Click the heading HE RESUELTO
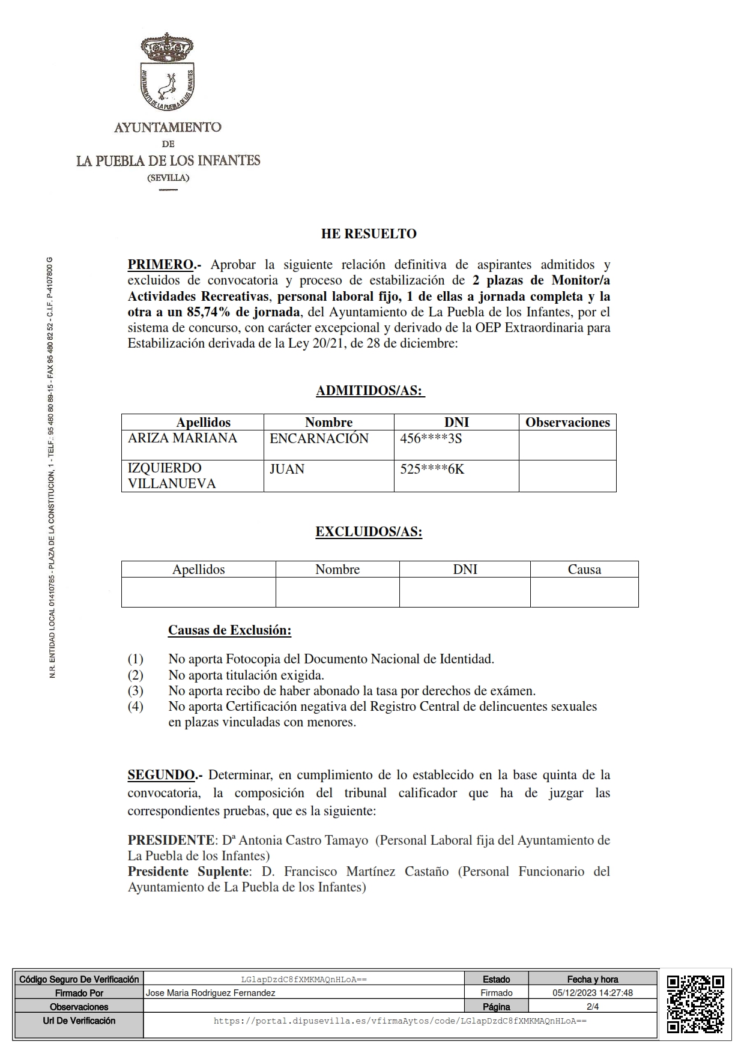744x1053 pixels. pyautogui.click(x=369, y=234)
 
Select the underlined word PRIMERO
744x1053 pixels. pyautogui.click(x=160, y=265)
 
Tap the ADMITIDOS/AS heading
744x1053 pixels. pyautogui.click(x=370, y=391)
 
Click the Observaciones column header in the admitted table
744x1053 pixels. pyautogui.click(x=567, y=422)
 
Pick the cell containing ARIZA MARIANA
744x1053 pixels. pyautogui.click(x=183, y=438)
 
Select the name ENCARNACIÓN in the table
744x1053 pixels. pyautogui.click(x=319, y=438)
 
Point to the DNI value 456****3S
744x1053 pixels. pyautogui.click(x=431, y=438)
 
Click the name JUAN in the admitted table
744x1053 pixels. pyautogui.click(x=287, y=469)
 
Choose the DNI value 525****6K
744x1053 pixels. pyautogui.click(x=432, y=469)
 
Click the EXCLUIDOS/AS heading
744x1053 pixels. pyautogui.click(x=369, y=532)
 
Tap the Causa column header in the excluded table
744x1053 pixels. pyautogui.click(x=584, y=569)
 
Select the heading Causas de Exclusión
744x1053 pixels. pyautogui.click(x=229, y=630)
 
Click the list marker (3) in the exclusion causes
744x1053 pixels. pyautogui.click(x=135, y=690)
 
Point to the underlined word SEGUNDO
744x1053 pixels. pyautogui.click(x=161, y=775)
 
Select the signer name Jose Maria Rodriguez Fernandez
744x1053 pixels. pyautogui.click(x=211, y=993)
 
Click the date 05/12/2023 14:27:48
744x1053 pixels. pyautogui.click(x=593, y=993)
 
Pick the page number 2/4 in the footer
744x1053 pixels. pyautogui.click(x=593, y=1007)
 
